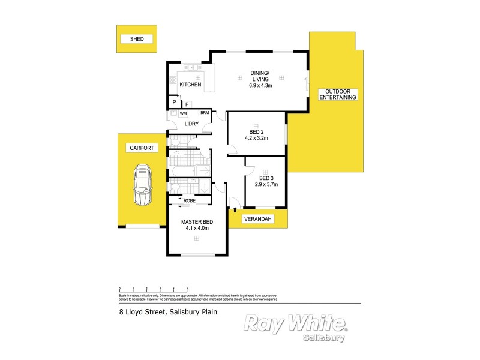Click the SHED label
137,39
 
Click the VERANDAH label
259,220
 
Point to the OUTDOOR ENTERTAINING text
338,94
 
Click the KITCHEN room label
190,85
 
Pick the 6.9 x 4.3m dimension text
260,86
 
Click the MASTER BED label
197,221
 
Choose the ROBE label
190,201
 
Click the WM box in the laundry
183,113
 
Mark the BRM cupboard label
205,113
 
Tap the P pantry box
174,103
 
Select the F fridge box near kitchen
187,104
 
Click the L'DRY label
191,124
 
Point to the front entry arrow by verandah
235,210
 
